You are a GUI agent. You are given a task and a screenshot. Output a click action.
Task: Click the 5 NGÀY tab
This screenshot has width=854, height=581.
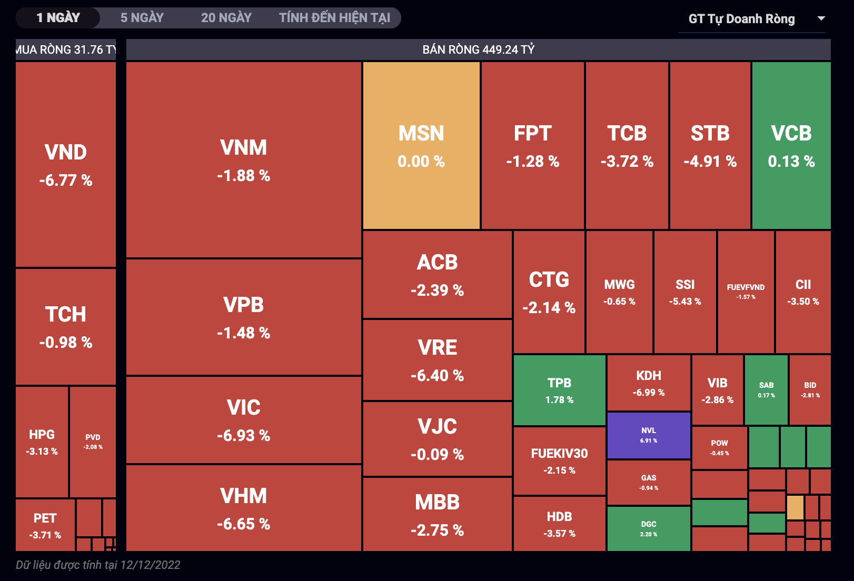(142, 18)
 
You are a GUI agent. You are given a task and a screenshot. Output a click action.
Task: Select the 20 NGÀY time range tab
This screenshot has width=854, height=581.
(226, 18)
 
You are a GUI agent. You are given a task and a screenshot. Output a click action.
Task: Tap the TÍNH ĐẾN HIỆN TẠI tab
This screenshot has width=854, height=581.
(334, 18)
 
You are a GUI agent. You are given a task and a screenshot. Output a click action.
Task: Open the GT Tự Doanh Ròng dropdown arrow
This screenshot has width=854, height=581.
(821, 18)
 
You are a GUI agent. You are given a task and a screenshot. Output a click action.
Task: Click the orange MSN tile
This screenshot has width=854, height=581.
(421, 146)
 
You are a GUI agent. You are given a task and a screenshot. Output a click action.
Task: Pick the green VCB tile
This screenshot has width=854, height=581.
(791, 146)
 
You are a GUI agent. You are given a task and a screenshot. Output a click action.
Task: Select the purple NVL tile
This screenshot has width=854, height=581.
(649, 435)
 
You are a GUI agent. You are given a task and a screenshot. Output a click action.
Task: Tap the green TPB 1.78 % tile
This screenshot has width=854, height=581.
(559, 390)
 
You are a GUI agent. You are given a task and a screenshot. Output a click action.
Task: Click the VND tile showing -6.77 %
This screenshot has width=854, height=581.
(66, 165)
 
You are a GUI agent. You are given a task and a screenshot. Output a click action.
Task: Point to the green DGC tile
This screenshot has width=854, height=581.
(649, 528)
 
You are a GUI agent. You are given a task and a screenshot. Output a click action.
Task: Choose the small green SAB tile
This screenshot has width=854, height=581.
(766, 389)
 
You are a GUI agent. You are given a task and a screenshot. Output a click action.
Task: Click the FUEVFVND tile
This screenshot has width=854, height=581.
(746, 292)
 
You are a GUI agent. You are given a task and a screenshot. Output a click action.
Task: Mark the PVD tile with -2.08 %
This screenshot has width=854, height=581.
(93, 442)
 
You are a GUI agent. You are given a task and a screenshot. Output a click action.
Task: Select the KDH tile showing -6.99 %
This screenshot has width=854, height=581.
(649, 383)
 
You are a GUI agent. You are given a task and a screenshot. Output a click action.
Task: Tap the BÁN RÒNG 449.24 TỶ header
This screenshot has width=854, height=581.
(478, 49)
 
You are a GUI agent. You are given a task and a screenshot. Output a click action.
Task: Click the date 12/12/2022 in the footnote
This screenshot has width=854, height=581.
(150, 565)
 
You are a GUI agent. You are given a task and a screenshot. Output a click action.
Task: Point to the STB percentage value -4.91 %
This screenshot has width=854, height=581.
(710, 161)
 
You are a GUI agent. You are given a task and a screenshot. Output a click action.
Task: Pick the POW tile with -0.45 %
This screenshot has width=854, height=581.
(719, 447)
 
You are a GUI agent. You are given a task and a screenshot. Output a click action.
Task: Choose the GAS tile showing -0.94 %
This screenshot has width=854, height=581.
(649, 482)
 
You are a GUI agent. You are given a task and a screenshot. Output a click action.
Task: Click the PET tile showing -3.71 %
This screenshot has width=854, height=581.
(45, 525)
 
